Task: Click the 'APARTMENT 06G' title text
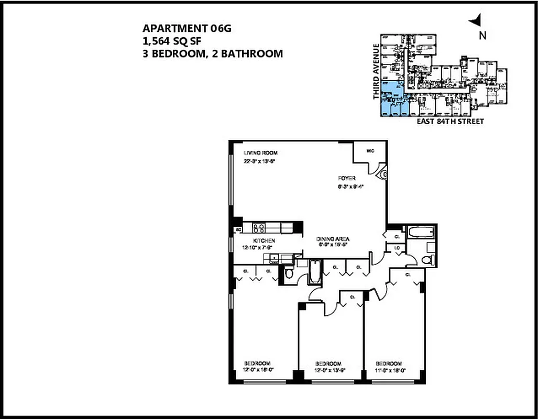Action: (x=186, y=29)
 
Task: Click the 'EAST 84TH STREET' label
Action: (x=449, y=122)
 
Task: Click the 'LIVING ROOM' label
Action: (x=260, y=153)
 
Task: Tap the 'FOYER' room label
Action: (x=347, y=178)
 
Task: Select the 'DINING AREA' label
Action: (x=333, y=239)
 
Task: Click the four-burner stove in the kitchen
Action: (x=259, y=228)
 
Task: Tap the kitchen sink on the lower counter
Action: (x=273, y=257)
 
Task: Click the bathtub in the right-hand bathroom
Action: (x=421, y=231)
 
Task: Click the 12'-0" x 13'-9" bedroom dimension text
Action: (x=328, y=370)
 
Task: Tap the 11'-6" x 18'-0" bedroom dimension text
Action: (x=389, y=370)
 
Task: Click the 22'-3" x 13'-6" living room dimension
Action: (x=260, y=161)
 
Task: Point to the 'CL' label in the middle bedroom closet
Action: (x=352, y=296)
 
